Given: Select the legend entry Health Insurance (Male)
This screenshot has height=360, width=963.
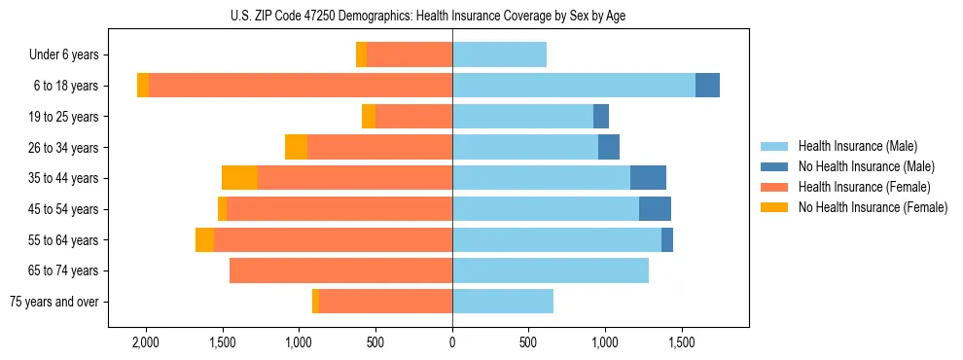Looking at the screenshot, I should click(857, 146).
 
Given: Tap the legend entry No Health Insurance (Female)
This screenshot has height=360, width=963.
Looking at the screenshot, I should click(873, 207).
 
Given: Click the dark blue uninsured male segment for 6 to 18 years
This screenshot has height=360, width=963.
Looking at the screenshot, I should click(707, 86).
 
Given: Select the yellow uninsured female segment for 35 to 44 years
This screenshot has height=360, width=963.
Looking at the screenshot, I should click(239, 178).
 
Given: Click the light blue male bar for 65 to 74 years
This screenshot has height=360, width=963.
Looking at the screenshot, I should click(551, 270).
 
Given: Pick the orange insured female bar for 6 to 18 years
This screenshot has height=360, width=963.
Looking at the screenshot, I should click(301, 86).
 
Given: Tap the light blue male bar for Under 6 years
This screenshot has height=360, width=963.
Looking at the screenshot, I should click(499, 55).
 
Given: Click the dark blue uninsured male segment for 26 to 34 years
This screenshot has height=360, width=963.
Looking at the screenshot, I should click(609, 147).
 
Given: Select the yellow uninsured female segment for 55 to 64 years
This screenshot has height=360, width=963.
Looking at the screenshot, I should click(204, 240).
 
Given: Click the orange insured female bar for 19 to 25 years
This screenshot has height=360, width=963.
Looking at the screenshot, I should click(413, 117).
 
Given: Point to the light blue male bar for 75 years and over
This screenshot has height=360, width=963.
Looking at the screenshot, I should click(503, 302).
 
